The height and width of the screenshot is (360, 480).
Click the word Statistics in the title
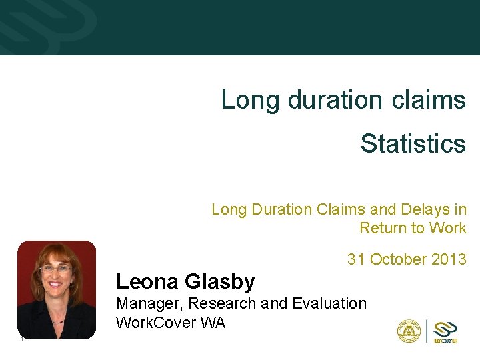click(413, 143)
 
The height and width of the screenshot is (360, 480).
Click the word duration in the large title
click(335, 100)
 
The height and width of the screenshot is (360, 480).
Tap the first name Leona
click(146, 282)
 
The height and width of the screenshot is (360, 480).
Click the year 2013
click(449, 259)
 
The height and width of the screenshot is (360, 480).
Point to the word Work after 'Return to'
click(448, 228)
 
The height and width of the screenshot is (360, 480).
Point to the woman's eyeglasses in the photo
click(56, 269)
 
